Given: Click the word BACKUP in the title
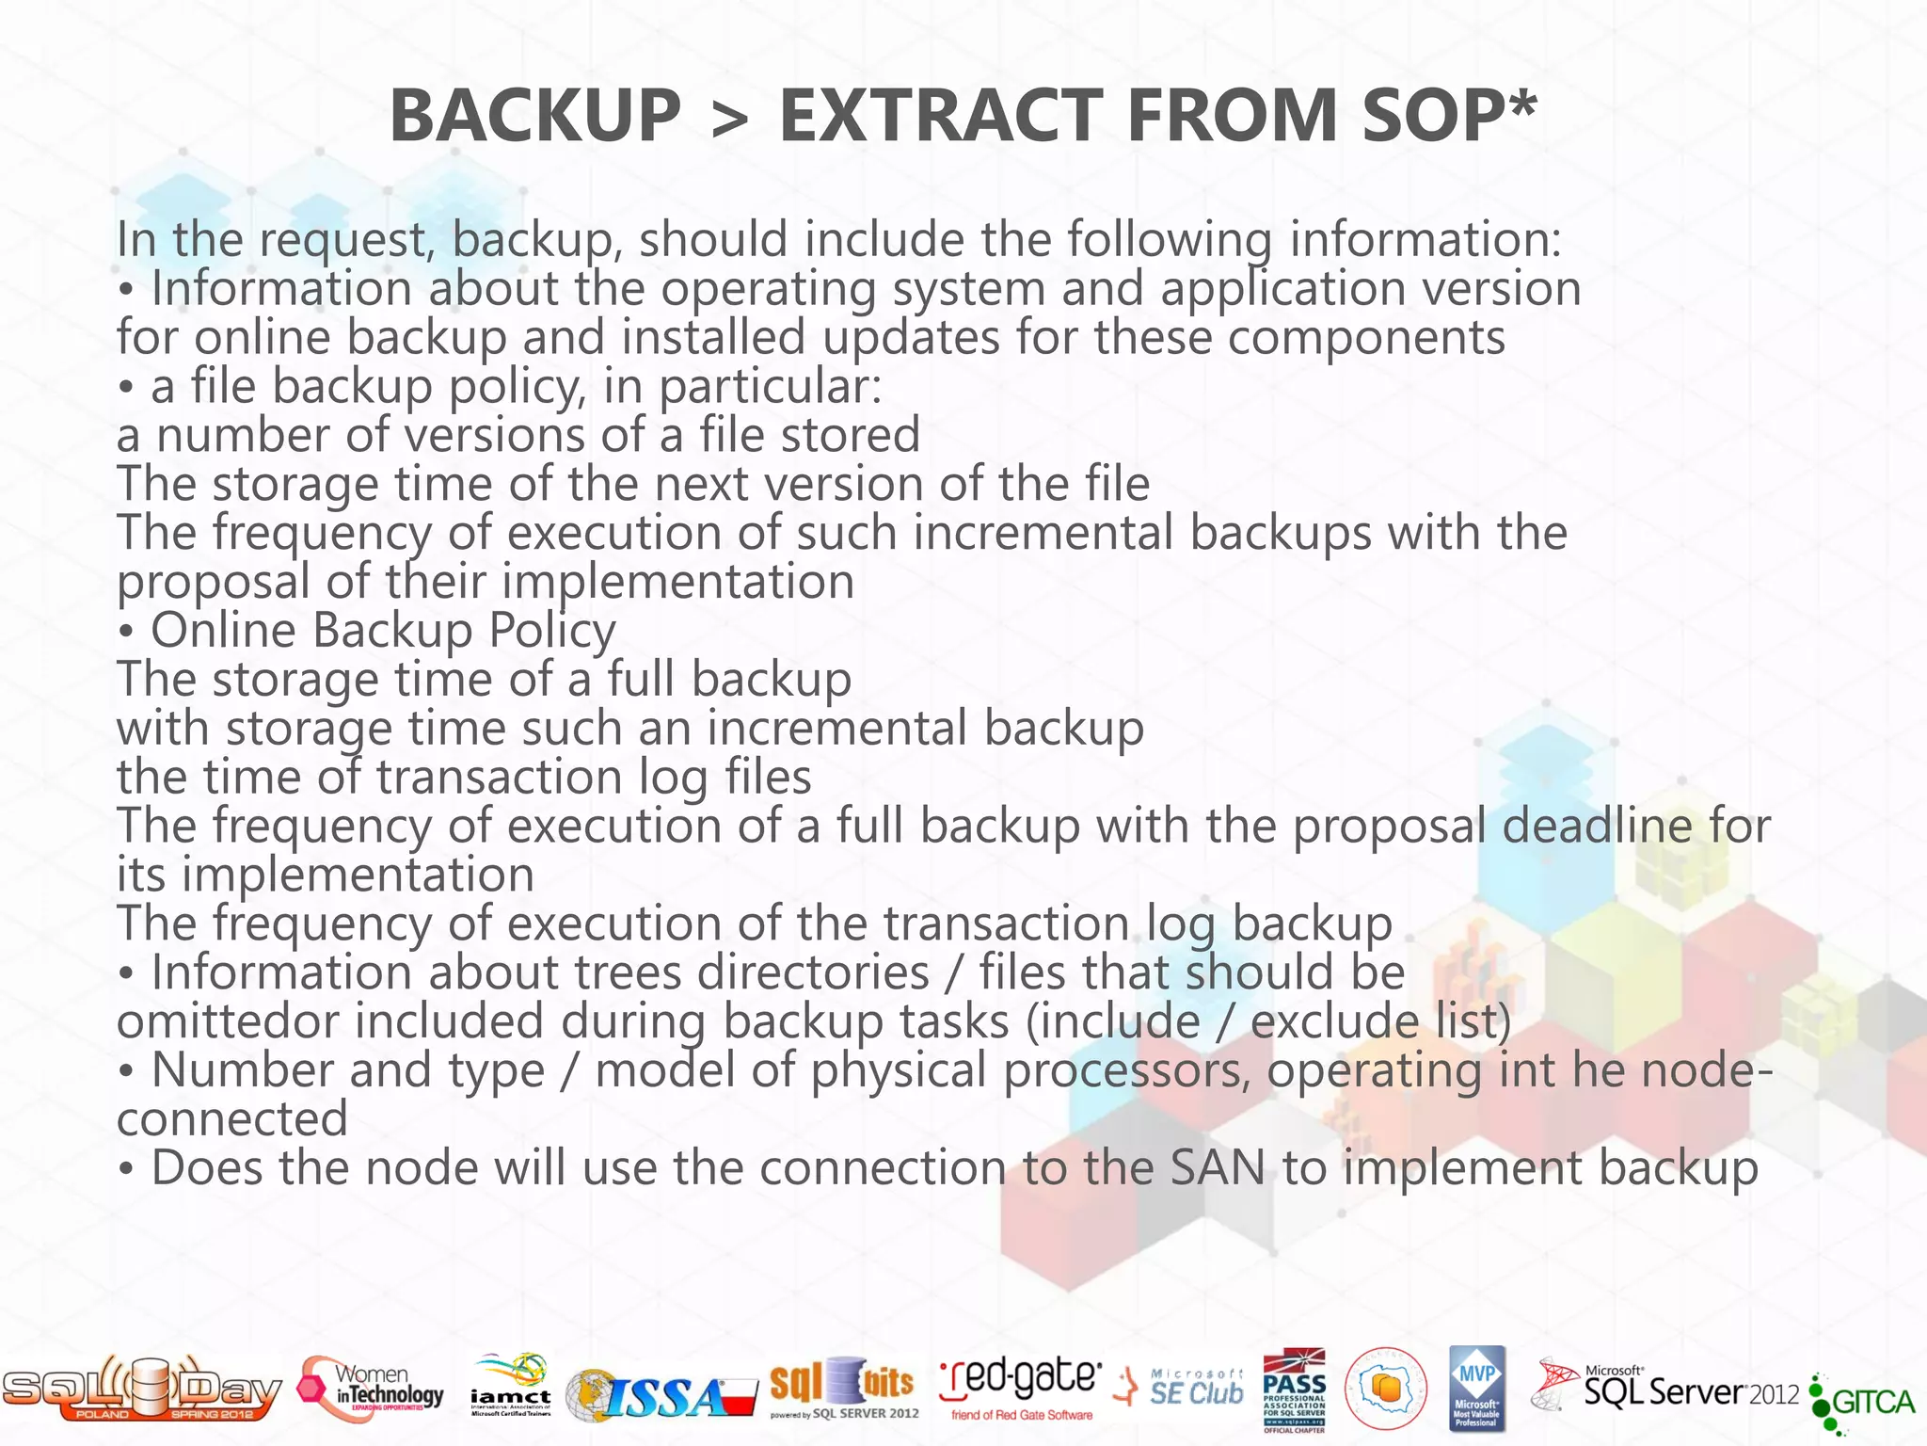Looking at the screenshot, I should pyautogui.click(x=534, y=115).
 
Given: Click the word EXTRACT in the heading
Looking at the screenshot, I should pyautogui.click(x=941, y=115).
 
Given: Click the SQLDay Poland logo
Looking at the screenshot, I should pyautogui.click(x=141, y=1389).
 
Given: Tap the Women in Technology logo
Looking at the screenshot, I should pyautogui.click(x=372, y=1390).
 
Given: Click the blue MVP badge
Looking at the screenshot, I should pyautogui.click(x=1476, y=1388).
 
